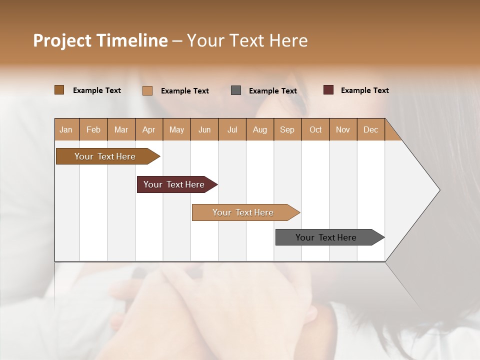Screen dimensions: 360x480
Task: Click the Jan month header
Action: [x=66, y=129]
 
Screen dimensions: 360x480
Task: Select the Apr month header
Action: [x=149, y=129]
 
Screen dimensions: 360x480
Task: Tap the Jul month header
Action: [x=232, y=129]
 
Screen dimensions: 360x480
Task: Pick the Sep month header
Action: [x=287, y=129]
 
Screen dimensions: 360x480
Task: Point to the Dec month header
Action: [x=370, y=129]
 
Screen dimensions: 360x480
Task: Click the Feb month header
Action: [x=93, y=129]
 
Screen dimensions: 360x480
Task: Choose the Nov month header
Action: [x=343, y=129]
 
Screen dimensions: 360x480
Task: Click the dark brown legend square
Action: [x=59, y=90]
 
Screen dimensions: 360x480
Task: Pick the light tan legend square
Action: [x=147, y=90]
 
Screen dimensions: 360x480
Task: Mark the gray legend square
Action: [x=236, y=90]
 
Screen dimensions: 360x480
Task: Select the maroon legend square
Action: [x=328, y=90]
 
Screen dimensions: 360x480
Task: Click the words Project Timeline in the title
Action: [x=100, y=40]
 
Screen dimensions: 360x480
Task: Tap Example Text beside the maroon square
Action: [x=364, y=90]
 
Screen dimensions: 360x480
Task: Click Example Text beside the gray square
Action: [x=272, y=91]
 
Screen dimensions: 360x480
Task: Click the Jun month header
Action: [x=204, y=129]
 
